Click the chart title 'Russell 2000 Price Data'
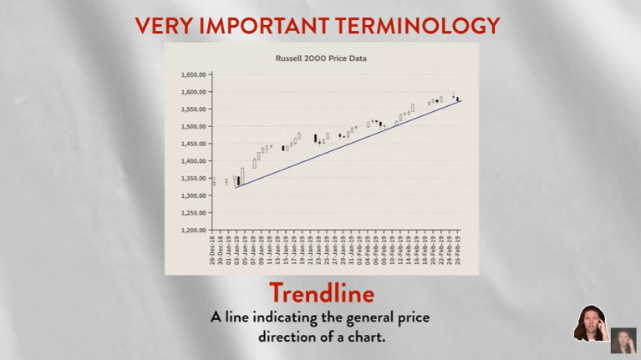point(321,58)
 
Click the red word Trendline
point(321,294)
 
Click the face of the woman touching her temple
point(589,322)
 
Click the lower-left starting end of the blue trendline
point(237,188)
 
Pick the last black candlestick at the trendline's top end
point(458,99)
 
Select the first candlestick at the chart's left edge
point(214,181)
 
